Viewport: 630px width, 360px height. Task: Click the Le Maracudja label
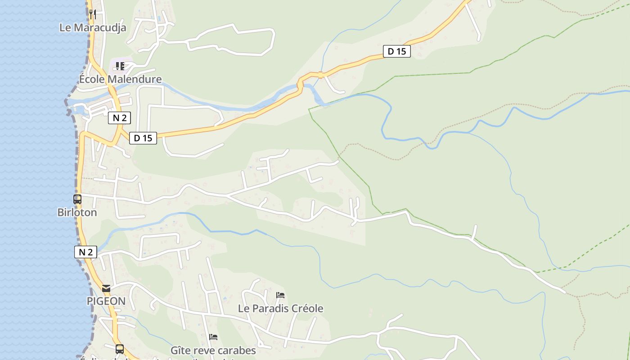pos(93,27)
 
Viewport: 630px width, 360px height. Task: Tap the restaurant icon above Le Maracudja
pos(93,14)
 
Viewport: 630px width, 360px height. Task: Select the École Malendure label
pos(120,79)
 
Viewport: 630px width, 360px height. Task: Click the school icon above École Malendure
pos(120,66)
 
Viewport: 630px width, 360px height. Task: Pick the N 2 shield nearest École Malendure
pos(119,118)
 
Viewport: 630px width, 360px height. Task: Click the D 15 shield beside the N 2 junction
pos(143,138)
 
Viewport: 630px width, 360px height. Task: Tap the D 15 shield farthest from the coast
pos(396,51)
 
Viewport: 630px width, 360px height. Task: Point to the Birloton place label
pos(77,212)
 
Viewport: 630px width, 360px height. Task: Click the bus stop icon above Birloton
pos(77,199)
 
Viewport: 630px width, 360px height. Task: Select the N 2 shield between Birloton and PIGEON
pos(85,252)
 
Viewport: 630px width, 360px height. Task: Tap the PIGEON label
pos(106,301)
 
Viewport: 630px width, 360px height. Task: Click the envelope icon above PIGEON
pos(106,288)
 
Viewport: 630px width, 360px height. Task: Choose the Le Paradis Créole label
pos(280,308)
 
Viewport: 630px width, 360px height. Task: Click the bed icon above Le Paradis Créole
pos(280,295)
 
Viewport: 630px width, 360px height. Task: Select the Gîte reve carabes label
pos(213,350)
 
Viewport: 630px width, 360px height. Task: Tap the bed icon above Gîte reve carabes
pos(213,337)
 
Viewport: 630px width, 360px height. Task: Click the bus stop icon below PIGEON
pos(119,349)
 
